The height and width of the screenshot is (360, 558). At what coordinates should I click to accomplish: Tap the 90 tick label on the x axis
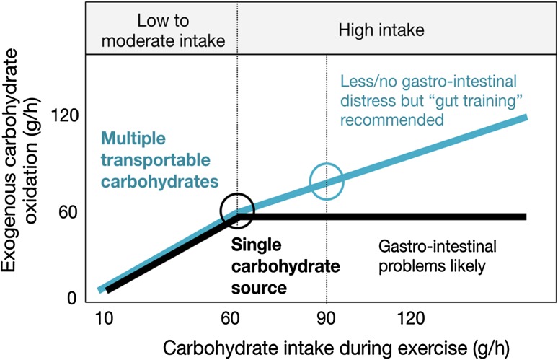pos(327,318)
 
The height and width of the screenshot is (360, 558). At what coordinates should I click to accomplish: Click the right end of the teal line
pos(527,117)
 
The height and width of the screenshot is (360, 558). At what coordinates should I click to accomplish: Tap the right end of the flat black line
pos(526,216)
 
